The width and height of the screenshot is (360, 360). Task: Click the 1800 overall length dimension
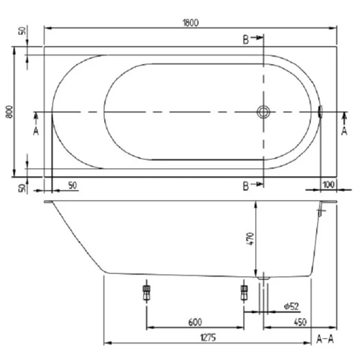pos(190,22)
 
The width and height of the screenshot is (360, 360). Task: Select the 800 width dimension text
pos(8,112)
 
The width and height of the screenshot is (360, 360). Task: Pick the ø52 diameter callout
pos(291,307)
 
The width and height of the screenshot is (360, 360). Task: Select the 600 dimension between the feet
pos(194,322)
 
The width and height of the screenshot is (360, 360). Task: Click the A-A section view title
pos(325,339)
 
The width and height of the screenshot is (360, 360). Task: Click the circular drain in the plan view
pos(263,112)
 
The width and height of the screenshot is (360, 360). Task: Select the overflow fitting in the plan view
pos(320,112)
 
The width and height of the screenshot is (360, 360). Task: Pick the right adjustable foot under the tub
pos(244,293)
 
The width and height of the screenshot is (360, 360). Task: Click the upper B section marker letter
pos(246,40)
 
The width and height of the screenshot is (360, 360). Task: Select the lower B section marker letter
pos(246,186)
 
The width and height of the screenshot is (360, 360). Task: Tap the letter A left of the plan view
pos(35,131)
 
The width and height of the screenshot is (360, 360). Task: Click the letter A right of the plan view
pos(344,130)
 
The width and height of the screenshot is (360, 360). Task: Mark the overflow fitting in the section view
pos(323,209)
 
